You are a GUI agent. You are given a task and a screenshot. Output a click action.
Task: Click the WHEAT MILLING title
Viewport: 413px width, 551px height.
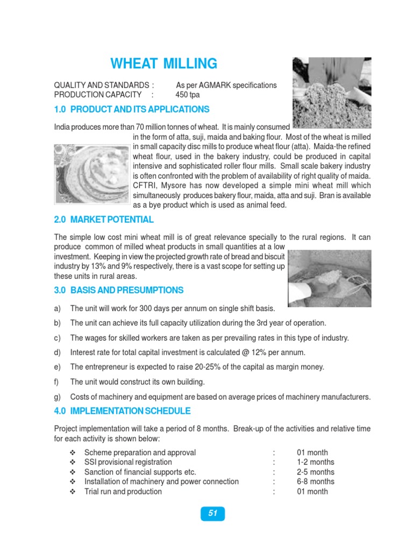pyautogui.click(x=164, y=64)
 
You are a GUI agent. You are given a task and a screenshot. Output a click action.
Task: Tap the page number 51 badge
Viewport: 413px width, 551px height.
pyautogui.click(x=213, y=513)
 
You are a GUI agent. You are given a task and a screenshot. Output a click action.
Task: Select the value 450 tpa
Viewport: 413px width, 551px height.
pyautogui.click(x=187, y=95)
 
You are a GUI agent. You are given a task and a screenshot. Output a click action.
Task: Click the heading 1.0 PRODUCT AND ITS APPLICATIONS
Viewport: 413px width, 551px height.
pyautogui.click(x=132, y=109)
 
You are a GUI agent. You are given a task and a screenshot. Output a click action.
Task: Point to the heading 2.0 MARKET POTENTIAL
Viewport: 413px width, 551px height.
pyautogui.click(x=104, y=220)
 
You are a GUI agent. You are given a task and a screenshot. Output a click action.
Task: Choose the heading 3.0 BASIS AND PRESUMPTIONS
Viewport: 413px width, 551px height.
pyautogui.click(x=119, y=290)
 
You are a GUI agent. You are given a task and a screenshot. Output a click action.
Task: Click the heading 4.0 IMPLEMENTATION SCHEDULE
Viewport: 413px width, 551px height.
pyautogui.click(x=122, y=411)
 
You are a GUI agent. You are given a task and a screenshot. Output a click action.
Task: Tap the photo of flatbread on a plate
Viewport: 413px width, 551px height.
pyautogui.click(x=91, y=174)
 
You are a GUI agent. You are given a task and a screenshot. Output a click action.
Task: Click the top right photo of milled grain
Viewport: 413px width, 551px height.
pyautogui.click(x=331, y=93)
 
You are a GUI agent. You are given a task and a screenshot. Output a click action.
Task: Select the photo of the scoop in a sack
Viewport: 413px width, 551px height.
pyautogui.click(x=329, y=278)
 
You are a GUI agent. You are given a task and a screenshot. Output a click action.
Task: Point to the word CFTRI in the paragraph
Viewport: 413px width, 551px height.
pyautogui.click(x=144, y=186)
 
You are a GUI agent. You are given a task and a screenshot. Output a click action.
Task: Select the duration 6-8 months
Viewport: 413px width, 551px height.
pyautogui.click(x=315, y=482)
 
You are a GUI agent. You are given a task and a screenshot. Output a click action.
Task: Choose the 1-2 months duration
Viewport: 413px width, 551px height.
pyautogui.click(x=315, y=462)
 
